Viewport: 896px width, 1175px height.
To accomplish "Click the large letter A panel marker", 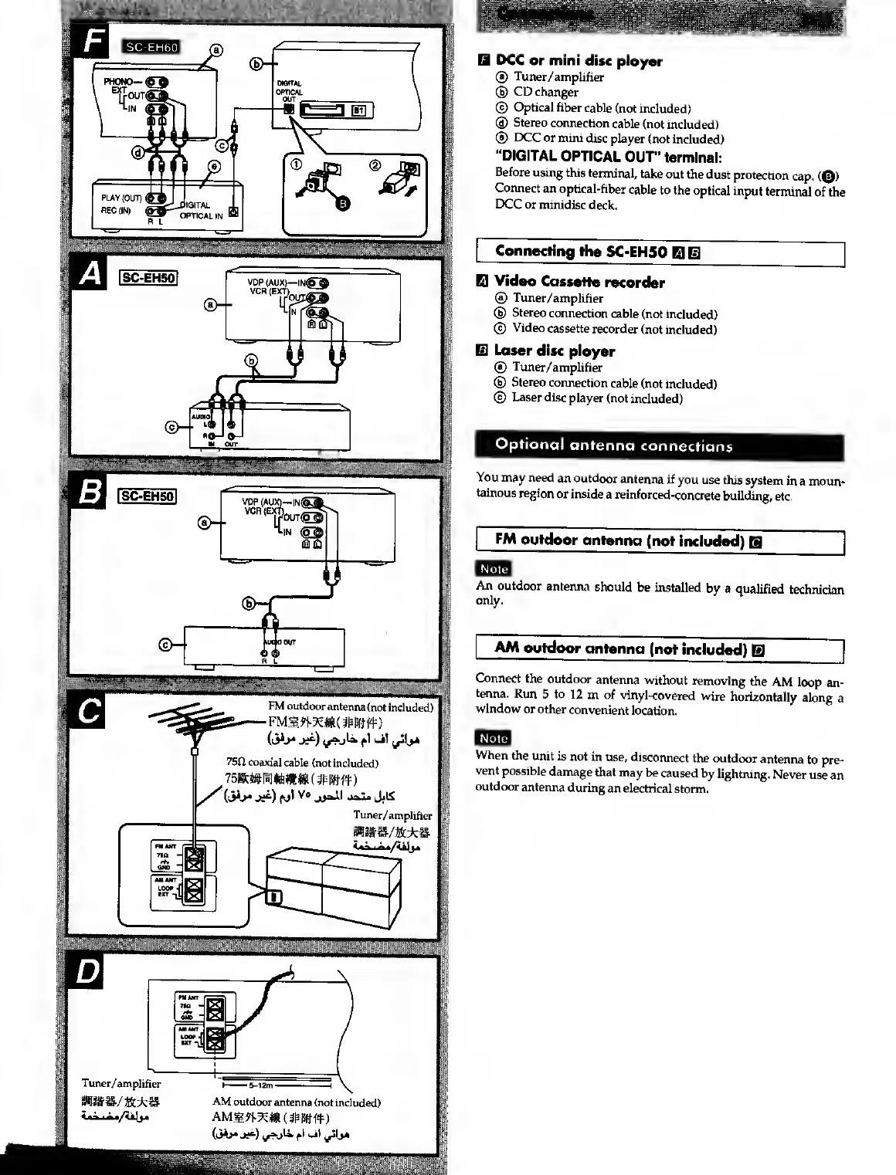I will pos(90,276).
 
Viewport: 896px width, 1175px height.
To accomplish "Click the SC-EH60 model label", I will pos(151,47).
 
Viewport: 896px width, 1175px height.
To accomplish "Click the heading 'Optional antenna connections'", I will pos(614,445).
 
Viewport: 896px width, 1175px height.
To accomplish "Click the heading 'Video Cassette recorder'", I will pos(579,283).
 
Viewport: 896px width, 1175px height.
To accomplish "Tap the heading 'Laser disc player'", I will pos(554,351).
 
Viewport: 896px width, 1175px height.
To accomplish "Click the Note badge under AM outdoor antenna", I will pos(494,738).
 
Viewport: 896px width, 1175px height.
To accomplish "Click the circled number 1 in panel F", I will pos(294,164).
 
